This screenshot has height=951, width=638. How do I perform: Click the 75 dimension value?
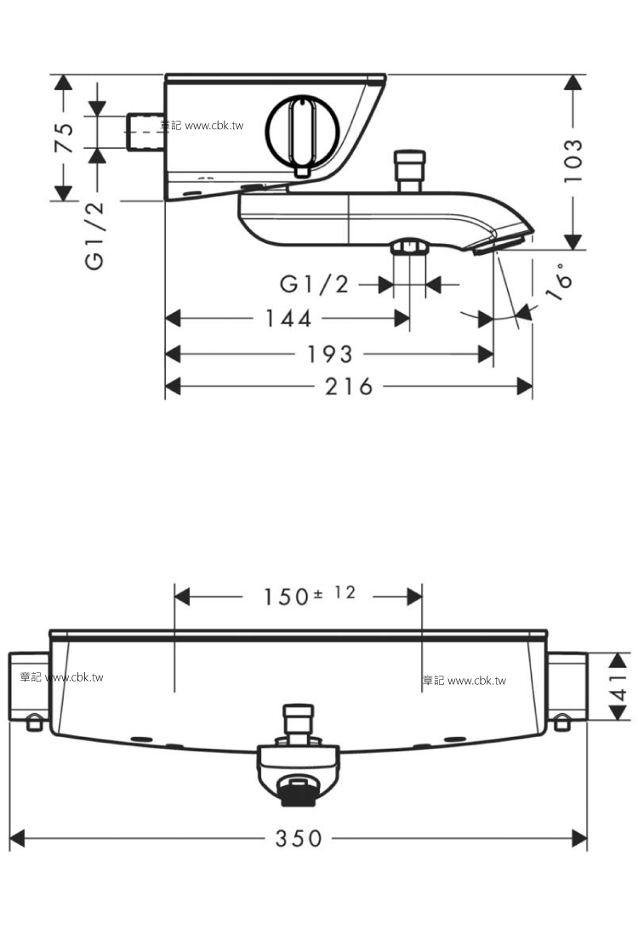click(65, 138)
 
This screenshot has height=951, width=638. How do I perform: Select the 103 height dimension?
click(572, 161)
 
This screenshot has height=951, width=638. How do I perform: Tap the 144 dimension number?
click(288, 319)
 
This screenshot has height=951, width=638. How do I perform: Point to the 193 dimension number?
click(329, 354)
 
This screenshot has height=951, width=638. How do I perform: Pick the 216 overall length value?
click(349, 387)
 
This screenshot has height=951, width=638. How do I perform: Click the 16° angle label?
click(559, 282)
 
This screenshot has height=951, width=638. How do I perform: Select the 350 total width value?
click(299, 839)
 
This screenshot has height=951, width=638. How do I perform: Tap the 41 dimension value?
click(619, 687)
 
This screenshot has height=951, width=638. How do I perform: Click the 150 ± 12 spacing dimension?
click(309, 596)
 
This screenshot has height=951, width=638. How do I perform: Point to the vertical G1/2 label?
click(94, 235)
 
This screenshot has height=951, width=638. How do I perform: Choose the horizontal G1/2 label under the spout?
click(315, 283)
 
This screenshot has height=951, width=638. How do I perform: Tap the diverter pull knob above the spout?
click(409, 171)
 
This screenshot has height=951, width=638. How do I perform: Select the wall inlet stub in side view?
click(145, 132)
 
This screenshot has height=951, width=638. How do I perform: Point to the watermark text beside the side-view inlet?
click(202, 126)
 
